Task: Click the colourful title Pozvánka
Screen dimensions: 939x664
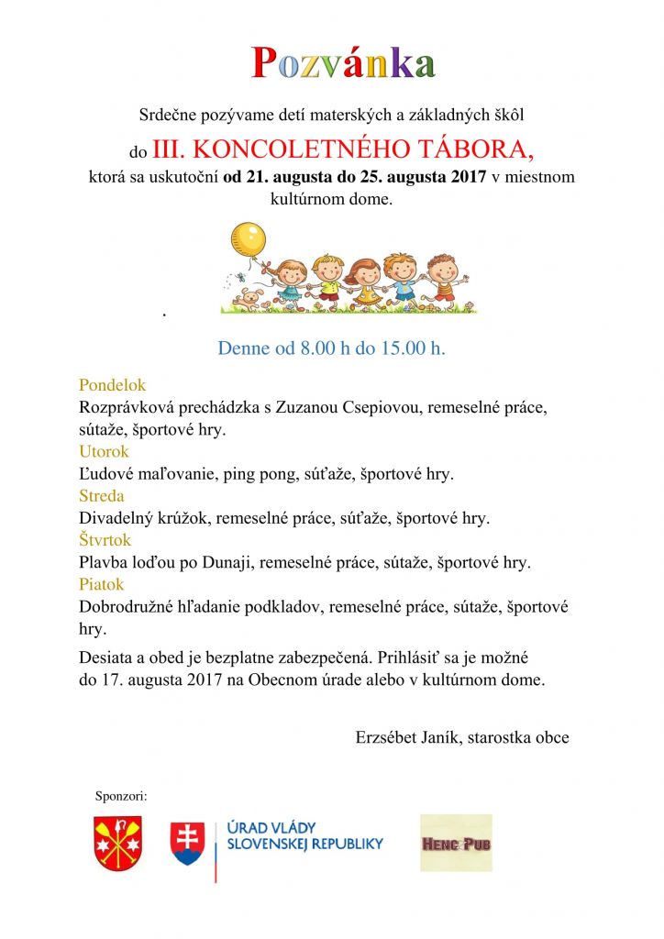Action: pyautogui.click(x=344, y=62)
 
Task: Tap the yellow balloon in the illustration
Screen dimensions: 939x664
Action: pyautogui.click(x=248, y=238)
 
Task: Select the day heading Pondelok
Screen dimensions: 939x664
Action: pyautogui.click(x=112, y=385)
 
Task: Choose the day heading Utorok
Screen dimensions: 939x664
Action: pyautogui.click(x=104, y=451)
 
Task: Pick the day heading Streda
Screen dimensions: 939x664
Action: pyautogui.click(x=101, y=496)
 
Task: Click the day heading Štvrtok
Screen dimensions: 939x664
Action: pyautogui.click(x=105, y=540)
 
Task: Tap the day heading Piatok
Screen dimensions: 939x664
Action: pyautogui.click(x=101, y=584)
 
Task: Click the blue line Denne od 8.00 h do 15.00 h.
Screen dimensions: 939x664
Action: pyautogui.click(x=331, y=348)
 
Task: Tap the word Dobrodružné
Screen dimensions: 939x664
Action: pyautogui.click(x=128, y=606)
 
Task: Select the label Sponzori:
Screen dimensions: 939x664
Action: pyautogui.click(x=121, y=795)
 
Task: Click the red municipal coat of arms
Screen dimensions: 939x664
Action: pyautogui.click(x=118, y=843)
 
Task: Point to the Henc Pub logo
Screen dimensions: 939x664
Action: pyautogui.click(x=456, y=842)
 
